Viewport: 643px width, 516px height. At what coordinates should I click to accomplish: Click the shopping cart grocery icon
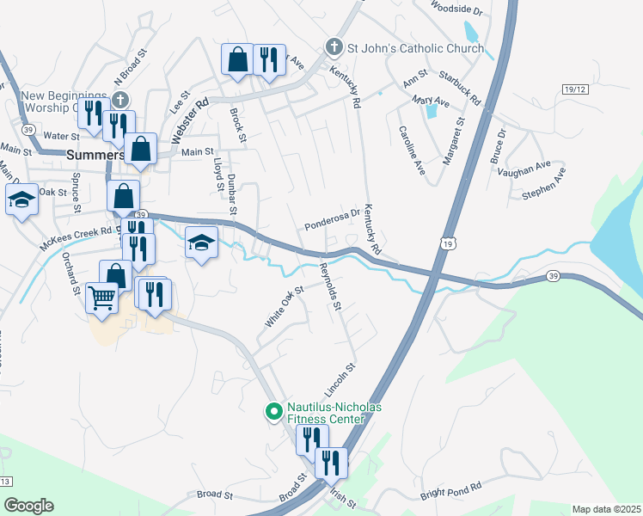coord(101,298)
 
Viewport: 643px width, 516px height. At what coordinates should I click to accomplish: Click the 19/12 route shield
coord(574,89)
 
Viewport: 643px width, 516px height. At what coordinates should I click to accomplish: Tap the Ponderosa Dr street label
coord(331,221)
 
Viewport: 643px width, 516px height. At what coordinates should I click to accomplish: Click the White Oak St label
coord(285,307)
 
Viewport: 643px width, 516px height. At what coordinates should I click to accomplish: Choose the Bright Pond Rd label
coord(450,492)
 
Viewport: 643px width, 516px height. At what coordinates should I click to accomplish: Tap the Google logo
coord(28,506)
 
